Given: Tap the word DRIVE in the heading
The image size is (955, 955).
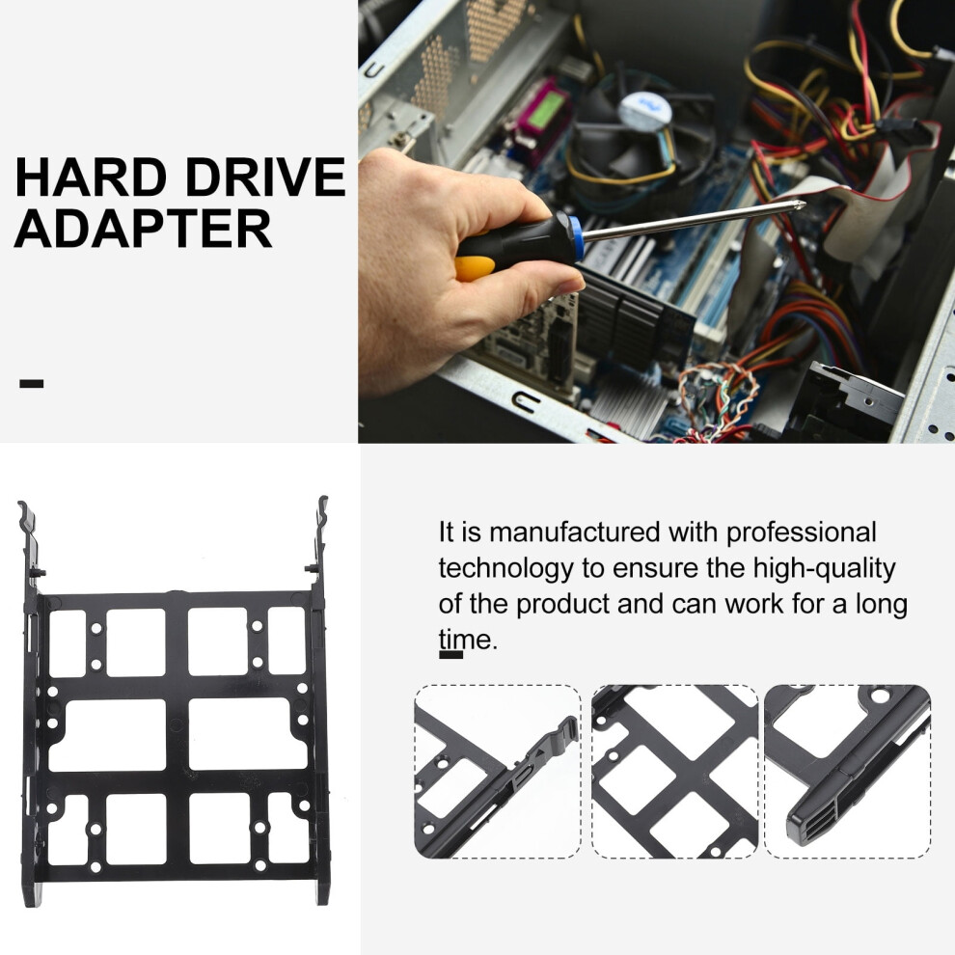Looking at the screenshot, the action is click(x=265, y=177).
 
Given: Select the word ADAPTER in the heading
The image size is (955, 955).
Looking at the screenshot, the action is click(x=143, y=229).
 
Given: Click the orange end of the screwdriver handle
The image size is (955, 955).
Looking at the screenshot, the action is click(x=475, y=268).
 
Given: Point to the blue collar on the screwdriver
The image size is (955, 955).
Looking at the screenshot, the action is click(x=576, y=236).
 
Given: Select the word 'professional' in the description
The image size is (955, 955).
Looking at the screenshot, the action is click(x=801, y=533).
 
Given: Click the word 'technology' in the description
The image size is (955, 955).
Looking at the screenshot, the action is click(x=506, y=569).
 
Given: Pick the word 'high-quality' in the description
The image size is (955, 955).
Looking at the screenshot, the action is click(x=824, y=569).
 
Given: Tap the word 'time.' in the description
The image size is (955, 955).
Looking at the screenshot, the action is click(x=468, y=640).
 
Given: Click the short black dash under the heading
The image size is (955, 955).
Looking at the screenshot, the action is click(x=32, y=383).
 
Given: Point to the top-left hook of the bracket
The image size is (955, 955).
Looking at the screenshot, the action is click(x=27, y=518).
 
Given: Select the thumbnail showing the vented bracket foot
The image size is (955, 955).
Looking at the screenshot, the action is click(x=847, y=771).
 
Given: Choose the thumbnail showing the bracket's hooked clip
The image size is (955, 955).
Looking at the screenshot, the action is click(x=498, y=771).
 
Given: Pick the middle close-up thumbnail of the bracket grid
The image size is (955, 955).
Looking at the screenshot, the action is click(x=675, y=771).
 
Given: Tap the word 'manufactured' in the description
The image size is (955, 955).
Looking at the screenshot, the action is click(x=574, y=532).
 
